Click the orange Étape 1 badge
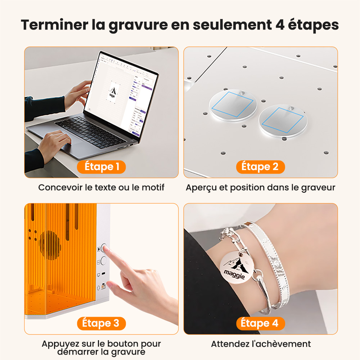tap(101, 166)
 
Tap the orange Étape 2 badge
tap(260, 166)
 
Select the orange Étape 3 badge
tap(101, 323)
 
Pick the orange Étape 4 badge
tap(260, 323)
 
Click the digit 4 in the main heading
tap(280, 25)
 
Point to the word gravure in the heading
tap(138, 25)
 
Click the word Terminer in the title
tap(54, 25)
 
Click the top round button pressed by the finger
tap(104, 248)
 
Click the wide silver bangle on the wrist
tap(273, 265)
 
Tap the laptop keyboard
tap(90, 132)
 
